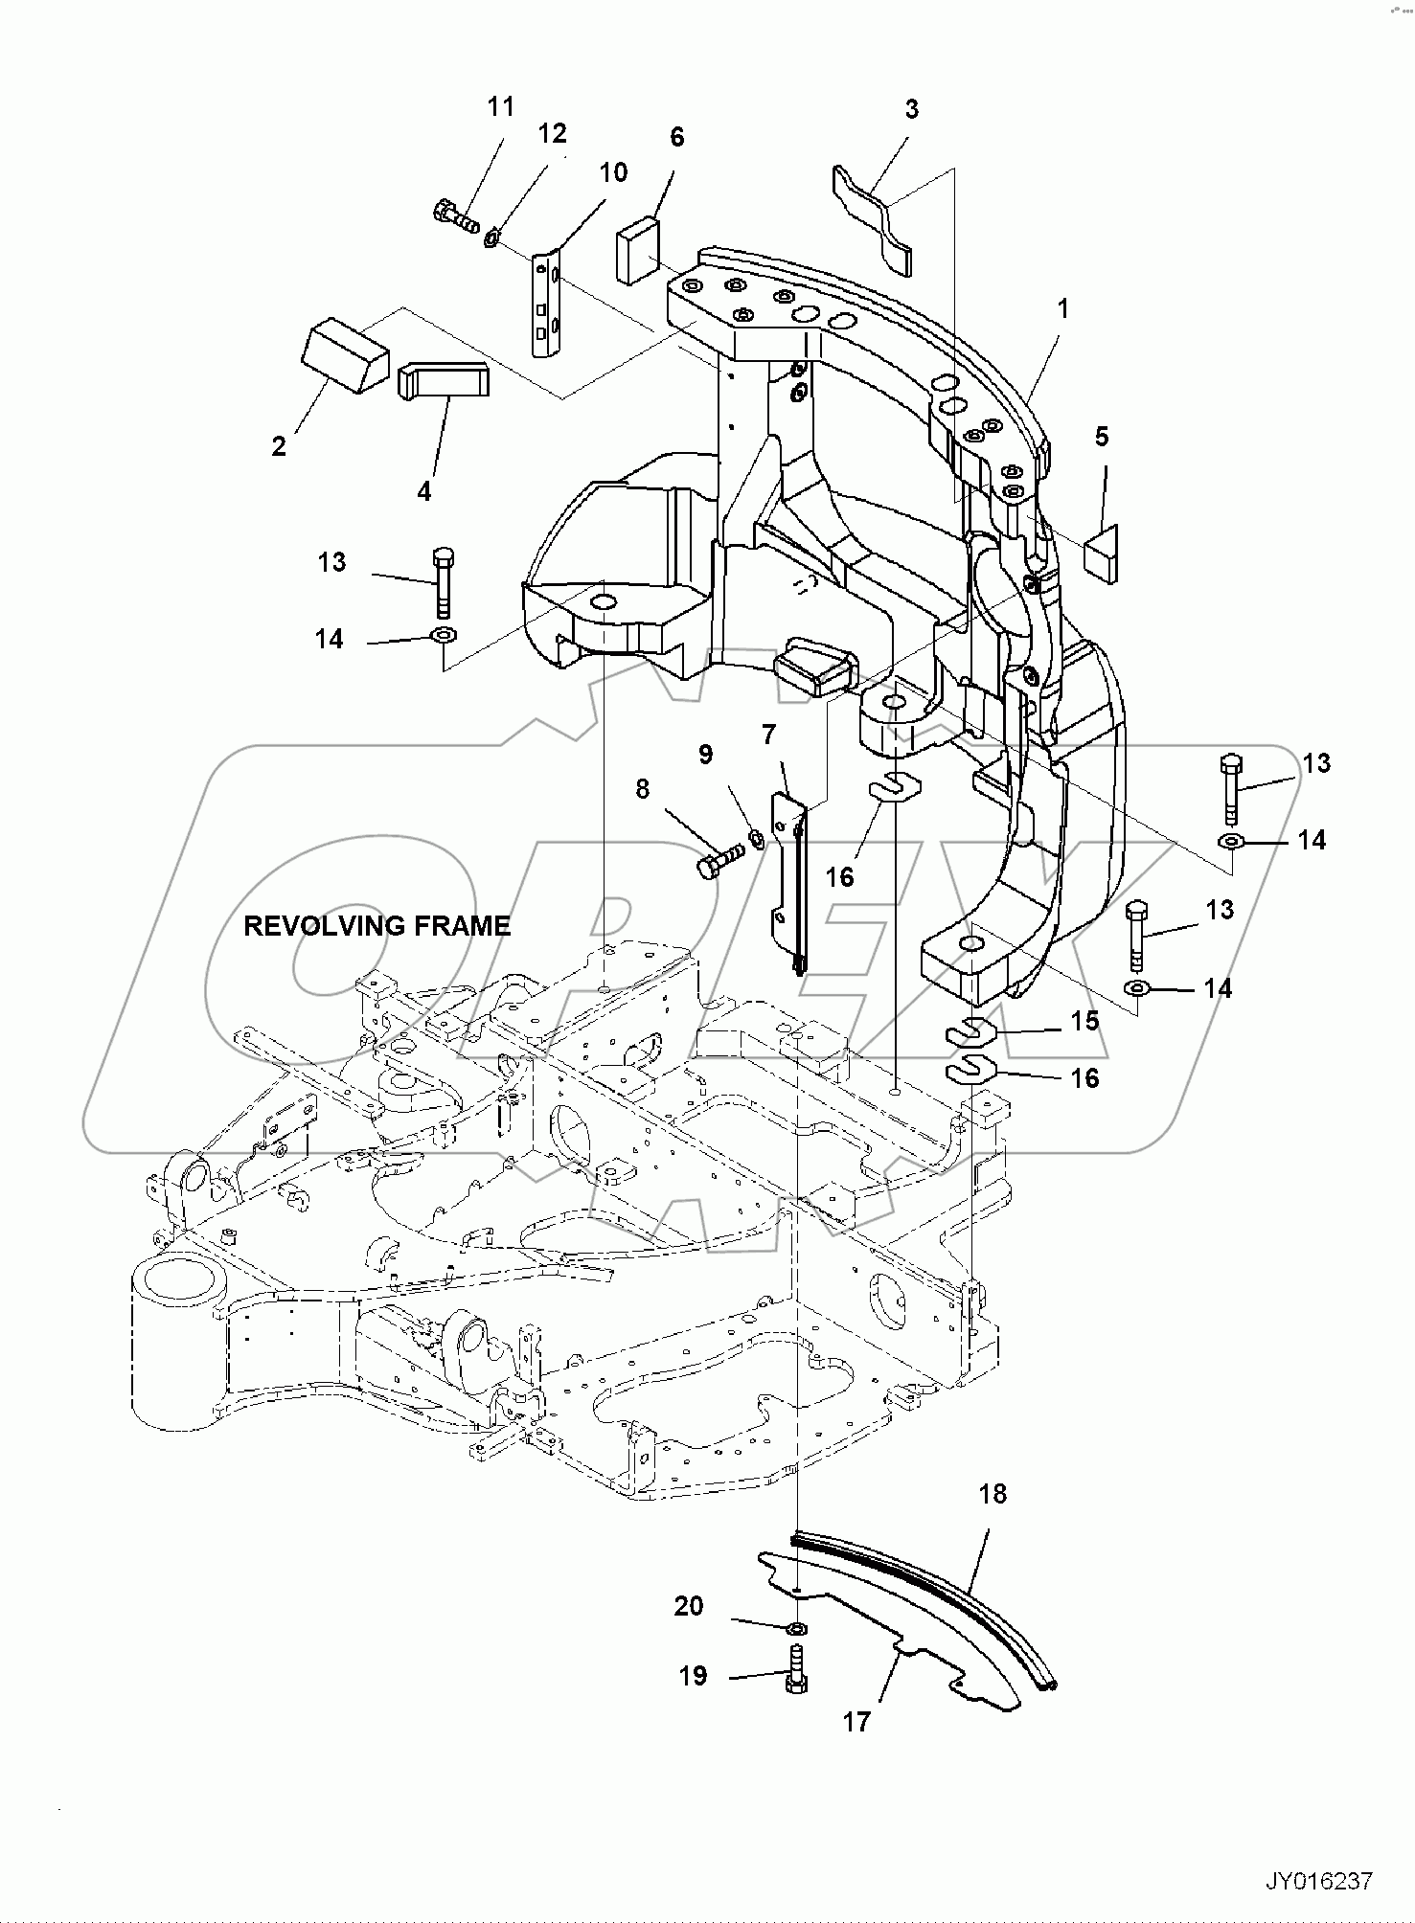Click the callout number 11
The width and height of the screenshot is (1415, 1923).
click(x=500, y=107)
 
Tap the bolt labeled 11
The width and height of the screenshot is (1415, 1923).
click(x=456, y=215)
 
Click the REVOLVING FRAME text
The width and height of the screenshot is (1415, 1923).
click(x=377, y=926)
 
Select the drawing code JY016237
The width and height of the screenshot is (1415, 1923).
click(x=1319, y=1881)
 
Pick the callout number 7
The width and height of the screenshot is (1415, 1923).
click(x=768, y=735)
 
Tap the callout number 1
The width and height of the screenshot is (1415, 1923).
click(x=1061, y=309)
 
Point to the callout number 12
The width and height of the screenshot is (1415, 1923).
click(x=552, y=133)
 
